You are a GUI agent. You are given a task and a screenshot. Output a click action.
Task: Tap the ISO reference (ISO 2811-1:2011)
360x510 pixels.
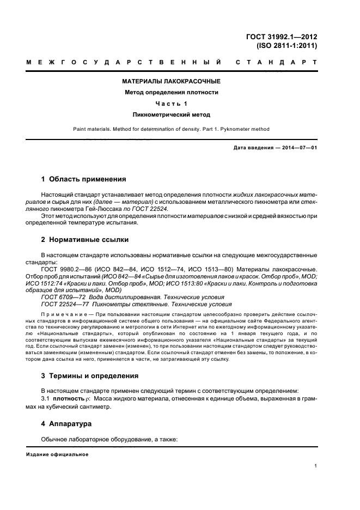coord(288,46)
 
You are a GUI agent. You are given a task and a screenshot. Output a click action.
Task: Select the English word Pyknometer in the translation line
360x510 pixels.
coord(230,129)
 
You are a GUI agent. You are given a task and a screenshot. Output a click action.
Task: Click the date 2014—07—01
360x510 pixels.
coord(299,148)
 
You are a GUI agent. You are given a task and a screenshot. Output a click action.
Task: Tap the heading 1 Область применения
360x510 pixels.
coord(84,179)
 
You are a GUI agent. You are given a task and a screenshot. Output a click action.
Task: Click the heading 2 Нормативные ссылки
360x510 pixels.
coord(85,239)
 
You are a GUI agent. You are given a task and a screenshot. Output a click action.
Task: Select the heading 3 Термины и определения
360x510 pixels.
coord(90,375)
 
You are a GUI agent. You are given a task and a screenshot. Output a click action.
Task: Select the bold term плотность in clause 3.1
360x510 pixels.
coord(70,399)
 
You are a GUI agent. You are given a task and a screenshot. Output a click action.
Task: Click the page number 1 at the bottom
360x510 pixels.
coord(316,465)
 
